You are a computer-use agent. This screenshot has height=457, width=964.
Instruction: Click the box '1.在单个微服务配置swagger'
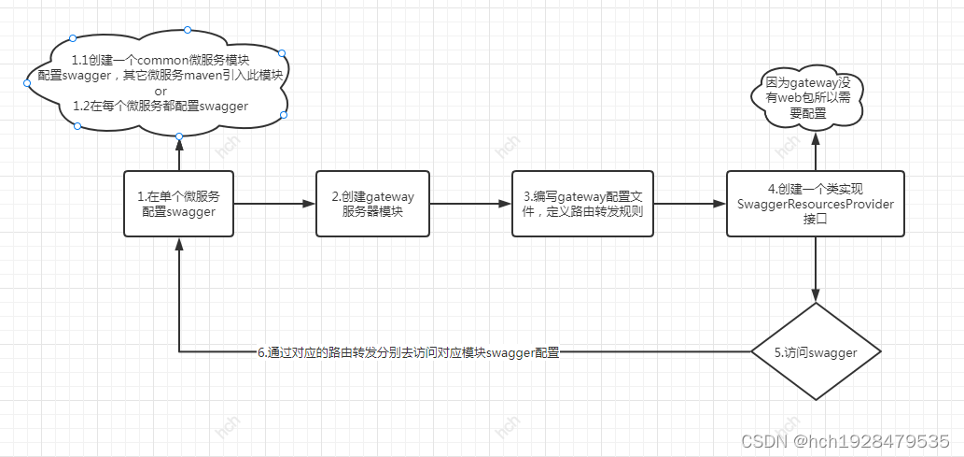[178, 203]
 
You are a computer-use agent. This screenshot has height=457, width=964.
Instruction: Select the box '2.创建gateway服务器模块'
[371, 203]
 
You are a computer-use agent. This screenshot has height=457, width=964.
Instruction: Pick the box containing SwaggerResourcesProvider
[816, 203]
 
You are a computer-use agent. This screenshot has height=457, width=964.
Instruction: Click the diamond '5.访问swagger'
[816, 351]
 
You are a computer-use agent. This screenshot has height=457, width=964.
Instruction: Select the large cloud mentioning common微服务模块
[159, 83]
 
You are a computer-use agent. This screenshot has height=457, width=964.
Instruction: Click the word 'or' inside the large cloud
[161, 91]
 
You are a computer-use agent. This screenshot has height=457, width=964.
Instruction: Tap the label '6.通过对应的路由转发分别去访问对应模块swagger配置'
[408, 352]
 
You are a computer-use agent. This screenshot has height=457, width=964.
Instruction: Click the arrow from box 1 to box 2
[273, 203]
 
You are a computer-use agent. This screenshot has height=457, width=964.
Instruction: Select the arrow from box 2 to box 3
[469, 203]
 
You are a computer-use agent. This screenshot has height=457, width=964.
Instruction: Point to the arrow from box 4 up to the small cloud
[816, 151]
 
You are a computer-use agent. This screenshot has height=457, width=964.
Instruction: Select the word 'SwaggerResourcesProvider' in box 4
[816, 204]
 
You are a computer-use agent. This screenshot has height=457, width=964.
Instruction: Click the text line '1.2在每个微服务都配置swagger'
[161, 106]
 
